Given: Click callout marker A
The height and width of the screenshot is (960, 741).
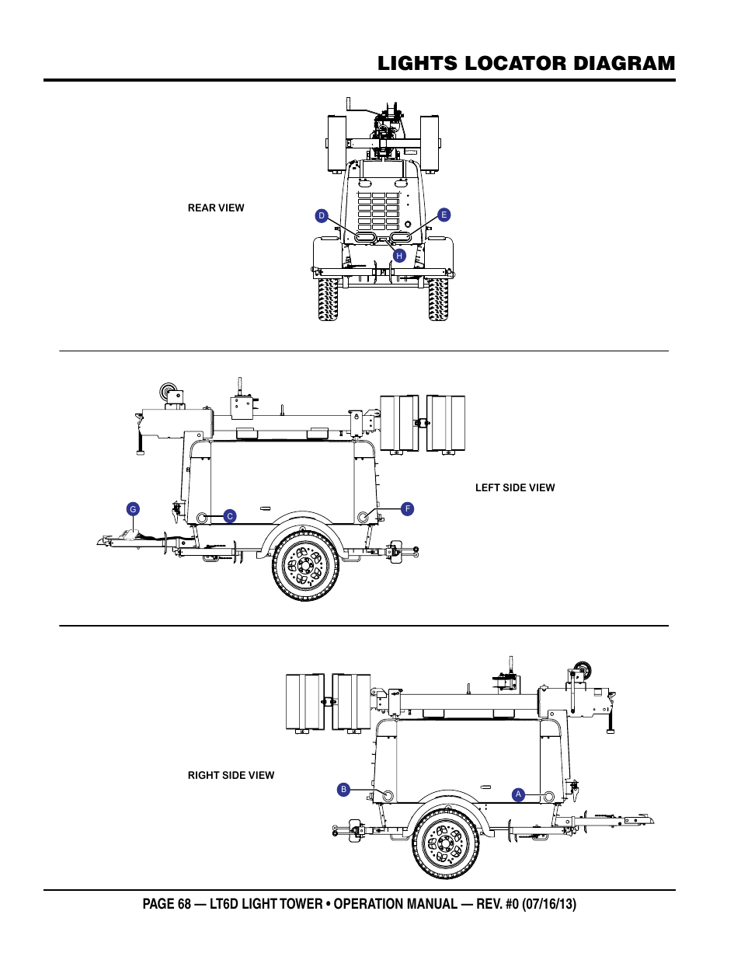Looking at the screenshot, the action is tap(518, 794).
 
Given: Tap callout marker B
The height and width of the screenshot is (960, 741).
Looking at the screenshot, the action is tap(343, 790).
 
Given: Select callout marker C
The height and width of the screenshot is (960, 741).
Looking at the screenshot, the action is tap(229, 516).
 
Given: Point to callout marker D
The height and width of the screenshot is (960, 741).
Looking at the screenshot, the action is tap(322, 215).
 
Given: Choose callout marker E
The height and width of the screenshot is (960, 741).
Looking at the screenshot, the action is tap(444, 215).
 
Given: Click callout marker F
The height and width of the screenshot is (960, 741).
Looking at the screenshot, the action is tap(407, 508).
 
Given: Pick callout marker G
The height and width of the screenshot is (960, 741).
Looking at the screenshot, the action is tap(133, 509).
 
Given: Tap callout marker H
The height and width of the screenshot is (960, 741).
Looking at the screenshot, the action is tap(399, 255).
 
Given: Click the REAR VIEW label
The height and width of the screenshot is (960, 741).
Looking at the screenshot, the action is tap(216, 208).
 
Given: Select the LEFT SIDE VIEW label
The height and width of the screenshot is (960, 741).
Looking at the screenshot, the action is tap(515, 487).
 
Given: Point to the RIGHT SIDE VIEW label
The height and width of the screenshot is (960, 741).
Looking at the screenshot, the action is tap(231, 775).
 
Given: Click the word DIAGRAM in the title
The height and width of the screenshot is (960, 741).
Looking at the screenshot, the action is tap(624, 64).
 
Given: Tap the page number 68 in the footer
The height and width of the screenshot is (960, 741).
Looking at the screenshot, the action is tap(185, 903).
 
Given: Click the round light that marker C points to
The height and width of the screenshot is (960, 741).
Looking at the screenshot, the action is tap(202, 517).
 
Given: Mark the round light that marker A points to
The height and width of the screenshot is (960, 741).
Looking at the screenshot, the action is tap(548, 796).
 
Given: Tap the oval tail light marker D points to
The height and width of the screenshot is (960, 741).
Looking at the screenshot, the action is tap(364, 237).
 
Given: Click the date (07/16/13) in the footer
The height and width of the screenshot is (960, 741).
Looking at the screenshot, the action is tap(548, 904).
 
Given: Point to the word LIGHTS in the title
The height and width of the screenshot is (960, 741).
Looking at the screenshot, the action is tap(418, 64).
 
